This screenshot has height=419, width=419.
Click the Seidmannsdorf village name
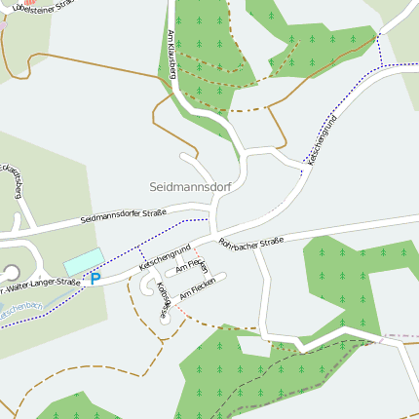188,186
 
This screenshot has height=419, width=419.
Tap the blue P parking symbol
95,278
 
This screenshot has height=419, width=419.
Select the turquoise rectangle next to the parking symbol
83,260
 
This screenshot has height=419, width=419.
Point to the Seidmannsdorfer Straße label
123,214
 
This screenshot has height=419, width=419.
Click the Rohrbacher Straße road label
250,241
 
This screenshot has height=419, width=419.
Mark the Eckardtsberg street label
13,179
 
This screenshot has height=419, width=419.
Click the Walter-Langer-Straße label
41,286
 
